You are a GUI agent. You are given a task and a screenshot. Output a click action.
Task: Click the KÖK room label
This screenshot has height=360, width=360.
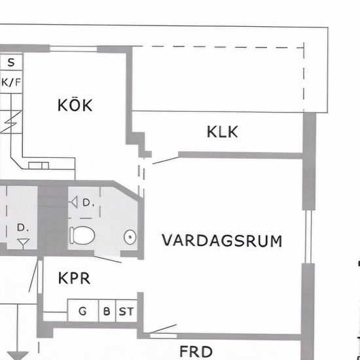pos(75,105)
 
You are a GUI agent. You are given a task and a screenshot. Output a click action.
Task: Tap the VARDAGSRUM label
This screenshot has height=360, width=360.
pos(222,240)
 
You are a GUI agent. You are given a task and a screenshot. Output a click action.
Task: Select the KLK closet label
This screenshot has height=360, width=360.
pos(223,132)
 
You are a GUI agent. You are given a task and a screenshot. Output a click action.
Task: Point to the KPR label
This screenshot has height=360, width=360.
pos(74,278)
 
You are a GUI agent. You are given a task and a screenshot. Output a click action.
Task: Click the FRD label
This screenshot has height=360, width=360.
pos(196,351)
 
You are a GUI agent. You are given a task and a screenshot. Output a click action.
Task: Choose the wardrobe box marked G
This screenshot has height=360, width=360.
pos(83,311)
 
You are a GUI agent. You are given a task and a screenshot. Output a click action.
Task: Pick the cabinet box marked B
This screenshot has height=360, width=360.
pos(107,311)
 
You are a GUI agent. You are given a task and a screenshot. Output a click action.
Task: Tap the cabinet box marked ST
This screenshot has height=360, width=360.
pos(126,311)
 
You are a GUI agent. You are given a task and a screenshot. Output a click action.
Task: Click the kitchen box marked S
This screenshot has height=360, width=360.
pos(11,62)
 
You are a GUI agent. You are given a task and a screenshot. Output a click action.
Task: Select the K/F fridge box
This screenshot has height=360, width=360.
pos(11,82)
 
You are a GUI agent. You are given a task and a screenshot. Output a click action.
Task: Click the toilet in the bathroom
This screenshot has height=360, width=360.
pos(82,235)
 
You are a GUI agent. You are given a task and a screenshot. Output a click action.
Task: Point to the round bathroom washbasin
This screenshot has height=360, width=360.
pos(130,237)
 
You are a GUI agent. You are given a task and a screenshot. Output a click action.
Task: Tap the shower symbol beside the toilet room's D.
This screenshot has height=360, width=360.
pos(74,202)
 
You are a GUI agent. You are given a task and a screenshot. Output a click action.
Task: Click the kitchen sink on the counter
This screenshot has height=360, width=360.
pos(39,166)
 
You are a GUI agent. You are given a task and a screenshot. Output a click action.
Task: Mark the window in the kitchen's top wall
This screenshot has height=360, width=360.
pos(73,48)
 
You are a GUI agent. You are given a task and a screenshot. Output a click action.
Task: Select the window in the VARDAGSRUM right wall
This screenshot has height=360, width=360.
pos(308,236)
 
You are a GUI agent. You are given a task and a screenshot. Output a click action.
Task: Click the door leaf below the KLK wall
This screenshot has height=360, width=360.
pos(166,160)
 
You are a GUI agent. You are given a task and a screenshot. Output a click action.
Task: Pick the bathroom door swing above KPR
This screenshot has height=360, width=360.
pos(108,259)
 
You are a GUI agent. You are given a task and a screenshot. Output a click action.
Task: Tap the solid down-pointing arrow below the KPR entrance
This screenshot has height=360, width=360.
pos(18,355)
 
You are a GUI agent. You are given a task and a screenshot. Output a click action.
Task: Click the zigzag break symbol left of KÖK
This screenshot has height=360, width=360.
pos(11,122)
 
